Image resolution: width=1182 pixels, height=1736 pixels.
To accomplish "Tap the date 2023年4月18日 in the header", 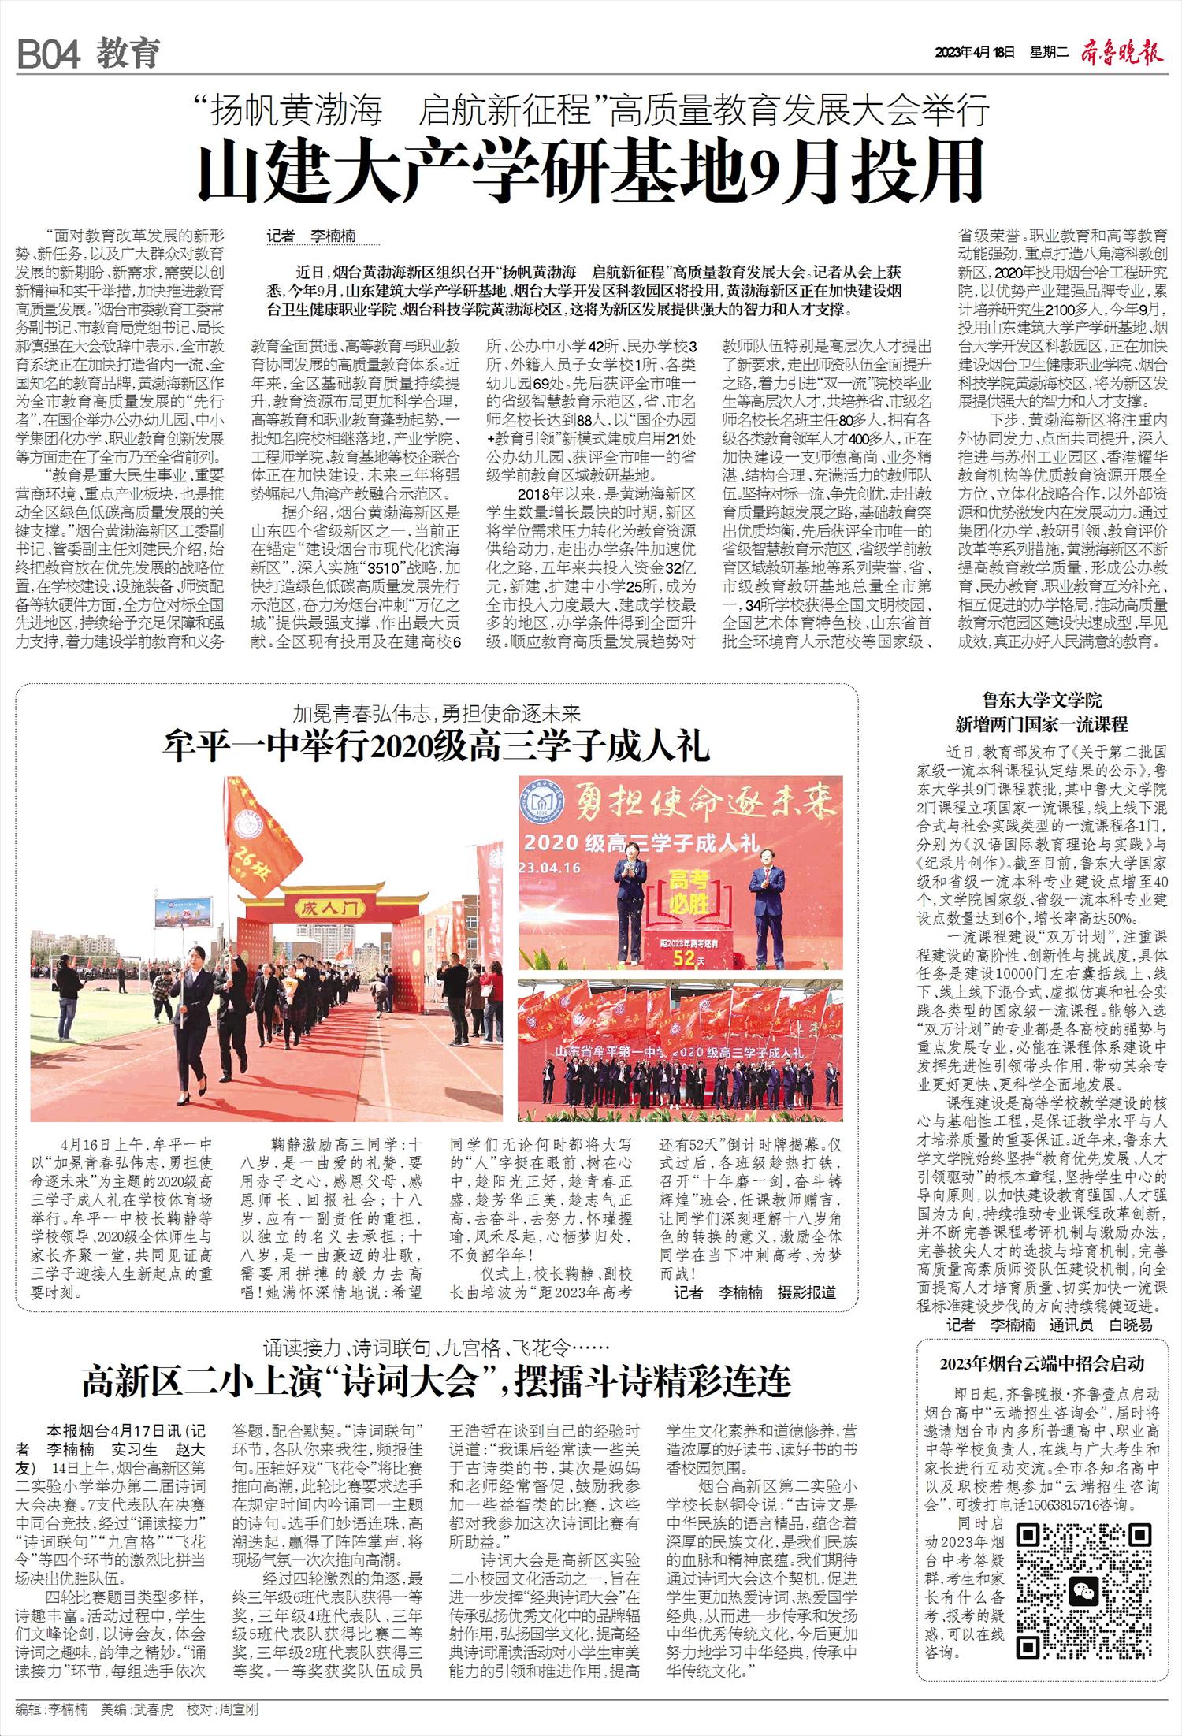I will [x=975, y=53].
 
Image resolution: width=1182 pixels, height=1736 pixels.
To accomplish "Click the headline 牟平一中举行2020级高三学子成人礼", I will [x=437, y=745].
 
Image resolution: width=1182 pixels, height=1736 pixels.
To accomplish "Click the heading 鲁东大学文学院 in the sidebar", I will [x=1042, y=700].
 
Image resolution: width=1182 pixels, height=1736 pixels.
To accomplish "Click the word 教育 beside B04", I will [x=128, y=54].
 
